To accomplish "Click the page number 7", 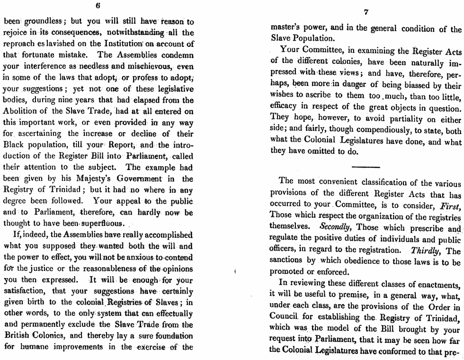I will (x=367, y=12).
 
